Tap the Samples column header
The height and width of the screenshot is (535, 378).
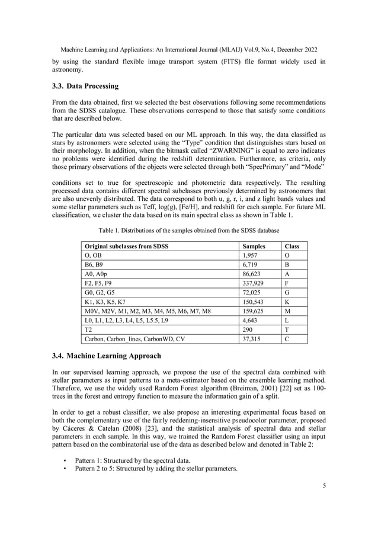tap(254, 245)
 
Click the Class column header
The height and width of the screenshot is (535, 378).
tap(292, 245)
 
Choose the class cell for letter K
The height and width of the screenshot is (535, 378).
tap(287, 302)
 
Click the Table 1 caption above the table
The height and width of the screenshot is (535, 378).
tap(188, 230)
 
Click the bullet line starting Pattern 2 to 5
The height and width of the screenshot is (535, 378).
tap(156, 469)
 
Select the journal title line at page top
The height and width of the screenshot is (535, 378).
tap(188, 51)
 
